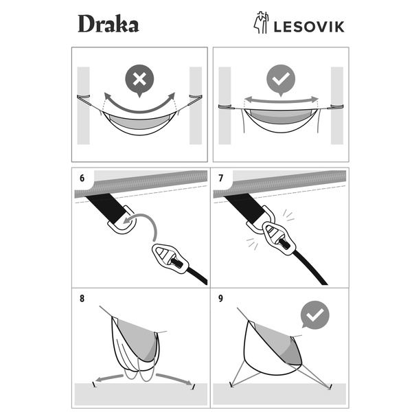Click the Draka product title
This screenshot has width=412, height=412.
click(108, 23)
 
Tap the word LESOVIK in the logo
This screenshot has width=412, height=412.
click(309, 27)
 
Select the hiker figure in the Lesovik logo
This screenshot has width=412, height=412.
click(261, 23)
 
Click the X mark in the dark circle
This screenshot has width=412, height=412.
click(139, 79)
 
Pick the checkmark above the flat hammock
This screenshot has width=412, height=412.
click(281, 78)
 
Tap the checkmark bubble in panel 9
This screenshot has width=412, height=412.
click(314, 314)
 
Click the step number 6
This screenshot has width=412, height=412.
click(82, 178)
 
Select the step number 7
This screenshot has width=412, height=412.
click(220, 178)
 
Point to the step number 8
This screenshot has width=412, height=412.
click(82, 299)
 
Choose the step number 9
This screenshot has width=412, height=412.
click(220, 299)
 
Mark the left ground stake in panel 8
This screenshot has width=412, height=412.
click(94, 385)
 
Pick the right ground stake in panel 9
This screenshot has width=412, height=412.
click(330, 387)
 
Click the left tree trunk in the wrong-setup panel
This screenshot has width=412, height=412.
click(83, 106)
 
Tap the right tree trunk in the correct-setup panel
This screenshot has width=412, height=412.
click(337, 106)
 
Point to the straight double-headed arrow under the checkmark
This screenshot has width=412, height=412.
click(281, 100)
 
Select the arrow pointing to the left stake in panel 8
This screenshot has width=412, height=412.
click(109, 378)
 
